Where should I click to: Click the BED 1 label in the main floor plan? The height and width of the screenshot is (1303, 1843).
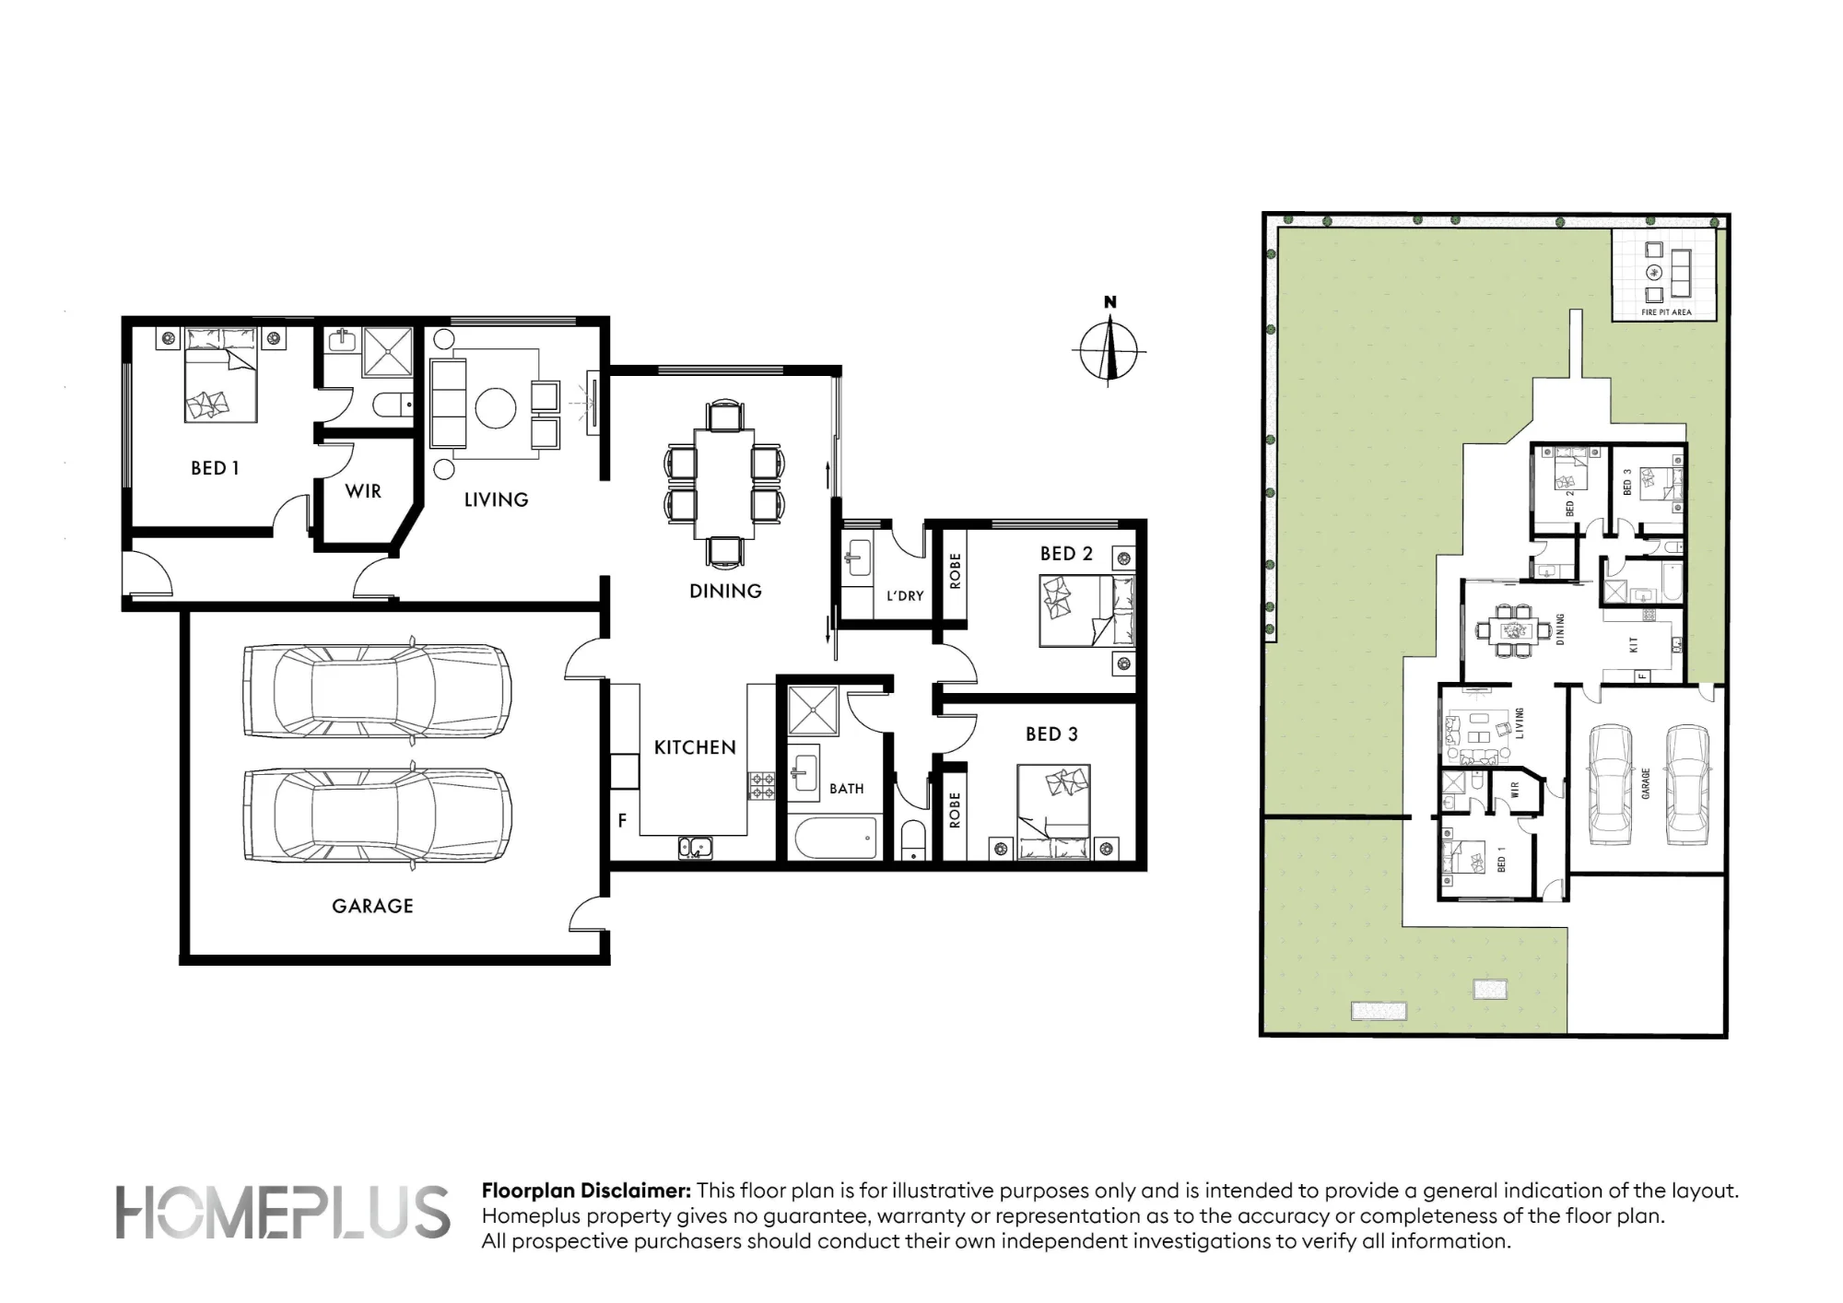coord(215,468)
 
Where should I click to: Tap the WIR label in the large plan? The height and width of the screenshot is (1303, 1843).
coord(363,491)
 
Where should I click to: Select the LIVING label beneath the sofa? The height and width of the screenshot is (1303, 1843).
coord(496,499)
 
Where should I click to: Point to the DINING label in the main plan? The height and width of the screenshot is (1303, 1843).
coord(725,591)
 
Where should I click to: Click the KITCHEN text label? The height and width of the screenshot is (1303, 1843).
coord(695,747)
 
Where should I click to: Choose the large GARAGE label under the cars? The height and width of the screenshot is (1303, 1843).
coord(372,906)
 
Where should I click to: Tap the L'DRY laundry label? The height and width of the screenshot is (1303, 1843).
coord(905,596)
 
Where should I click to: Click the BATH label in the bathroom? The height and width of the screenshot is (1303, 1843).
coord(847,789)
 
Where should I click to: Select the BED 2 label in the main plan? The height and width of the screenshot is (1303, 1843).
coord(1066,554)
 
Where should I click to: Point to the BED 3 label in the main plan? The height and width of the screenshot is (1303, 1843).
coord(1051,734)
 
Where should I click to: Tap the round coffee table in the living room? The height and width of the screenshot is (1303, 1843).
coord(495,407)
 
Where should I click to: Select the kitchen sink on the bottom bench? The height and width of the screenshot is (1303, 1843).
coord(696,846)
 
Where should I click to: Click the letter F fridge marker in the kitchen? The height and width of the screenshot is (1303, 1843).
coord(623,820)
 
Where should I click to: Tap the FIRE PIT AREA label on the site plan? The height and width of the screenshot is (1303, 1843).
coord(1666,312)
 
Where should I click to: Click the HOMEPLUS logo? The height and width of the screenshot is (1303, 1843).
coord(283,1212)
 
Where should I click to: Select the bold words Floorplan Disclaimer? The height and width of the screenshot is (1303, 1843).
coord(586,1191)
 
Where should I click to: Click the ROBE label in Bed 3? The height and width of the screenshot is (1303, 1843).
coord(955,810)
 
